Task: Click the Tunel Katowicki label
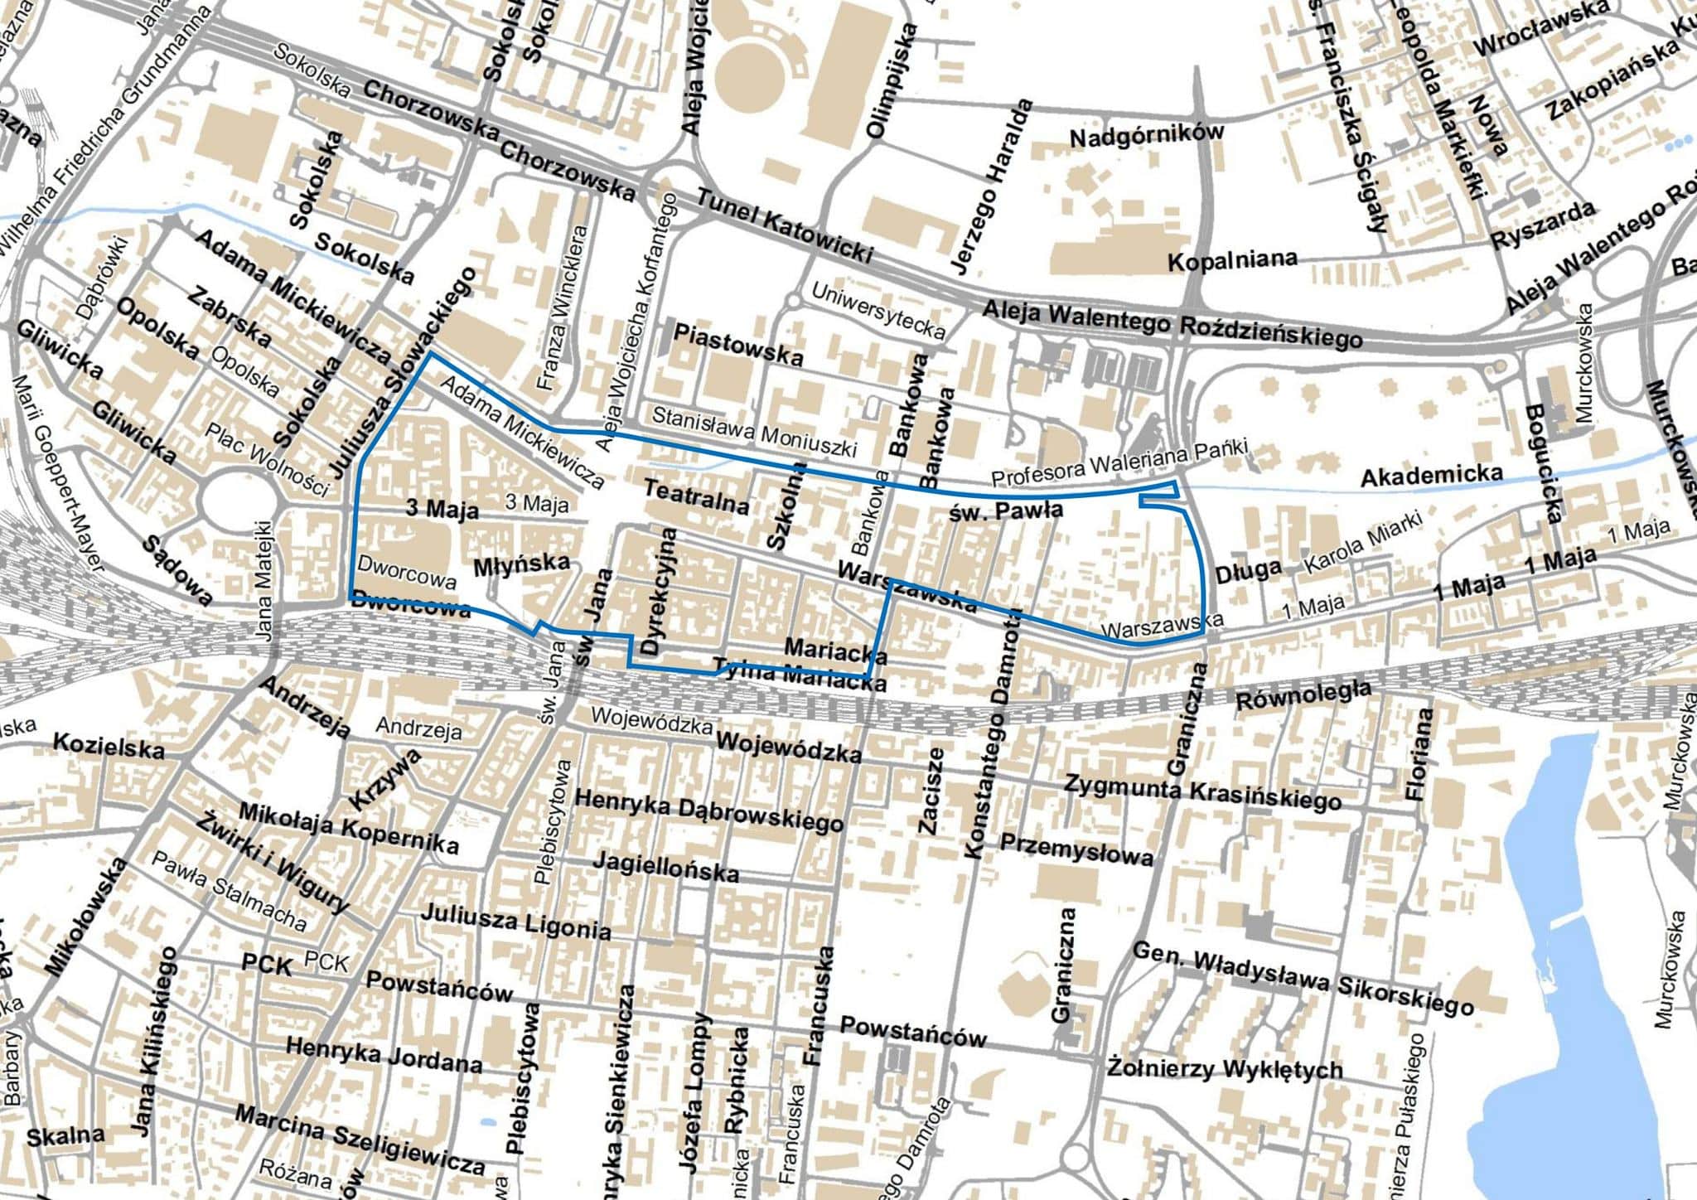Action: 784,226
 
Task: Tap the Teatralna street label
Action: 696,496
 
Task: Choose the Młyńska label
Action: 521,565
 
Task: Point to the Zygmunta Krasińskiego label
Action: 1202,791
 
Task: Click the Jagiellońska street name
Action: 665,867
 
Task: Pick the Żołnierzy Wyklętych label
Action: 1224,1069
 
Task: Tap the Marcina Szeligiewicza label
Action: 360,1139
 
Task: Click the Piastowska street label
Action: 737,346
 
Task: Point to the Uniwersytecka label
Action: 878,311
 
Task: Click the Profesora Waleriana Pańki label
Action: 1119,464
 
